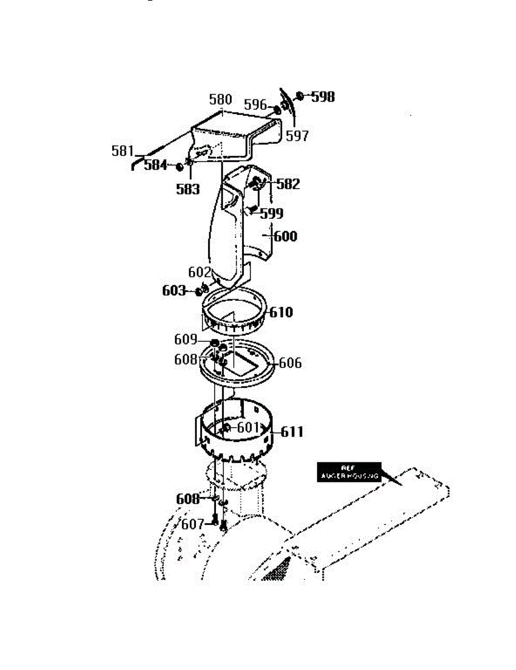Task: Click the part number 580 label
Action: point(220,100)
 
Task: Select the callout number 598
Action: point(323,97)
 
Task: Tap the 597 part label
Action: point(297,136)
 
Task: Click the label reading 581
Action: point(123,151)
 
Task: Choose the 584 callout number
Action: point(156,165)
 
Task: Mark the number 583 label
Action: point(188,189)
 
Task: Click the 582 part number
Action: point(288,184)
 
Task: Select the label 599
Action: point(272,213)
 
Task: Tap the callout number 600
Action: point(285,236)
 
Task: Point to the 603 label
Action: point(174,291)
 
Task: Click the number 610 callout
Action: point(281,312)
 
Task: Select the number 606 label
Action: point(290,363)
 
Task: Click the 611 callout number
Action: point(292,432)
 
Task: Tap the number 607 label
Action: point(192,524)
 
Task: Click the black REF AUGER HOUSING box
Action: point(349,472)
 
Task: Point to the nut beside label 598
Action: point(300,96)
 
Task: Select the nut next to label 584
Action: point(180,166)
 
